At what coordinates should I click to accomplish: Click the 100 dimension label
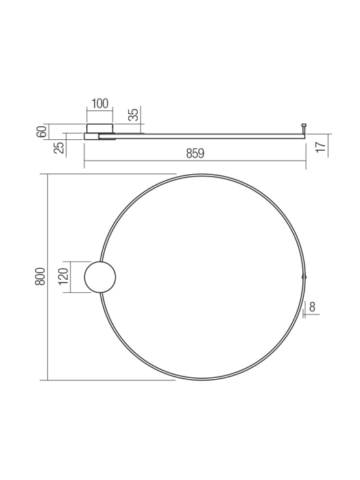tap(99, 104)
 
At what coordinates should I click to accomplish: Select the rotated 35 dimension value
tap(134, 115)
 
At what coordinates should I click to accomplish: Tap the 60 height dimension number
tap(43, 132)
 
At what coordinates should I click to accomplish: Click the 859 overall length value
tap(195, 154)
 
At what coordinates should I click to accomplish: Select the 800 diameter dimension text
tap(40, 276)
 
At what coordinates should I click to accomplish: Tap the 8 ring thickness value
tap(312, 307)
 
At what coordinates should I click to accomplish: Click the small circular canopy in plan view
tap(99, 277)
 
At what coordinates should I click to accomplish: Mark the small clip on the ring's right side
tap(304, 276)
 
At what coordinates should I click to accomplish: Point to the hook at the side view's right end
tap(304, 128)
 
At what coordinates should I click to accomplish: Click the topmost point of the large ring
tap(202, 175)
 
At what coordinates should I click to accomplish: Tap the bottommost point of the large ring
tap(202, 379)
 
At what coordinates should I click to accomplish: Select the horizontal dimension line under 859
tap(195, 161)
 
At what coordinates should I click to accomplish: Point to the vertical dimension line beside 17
tap(328, 145)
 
